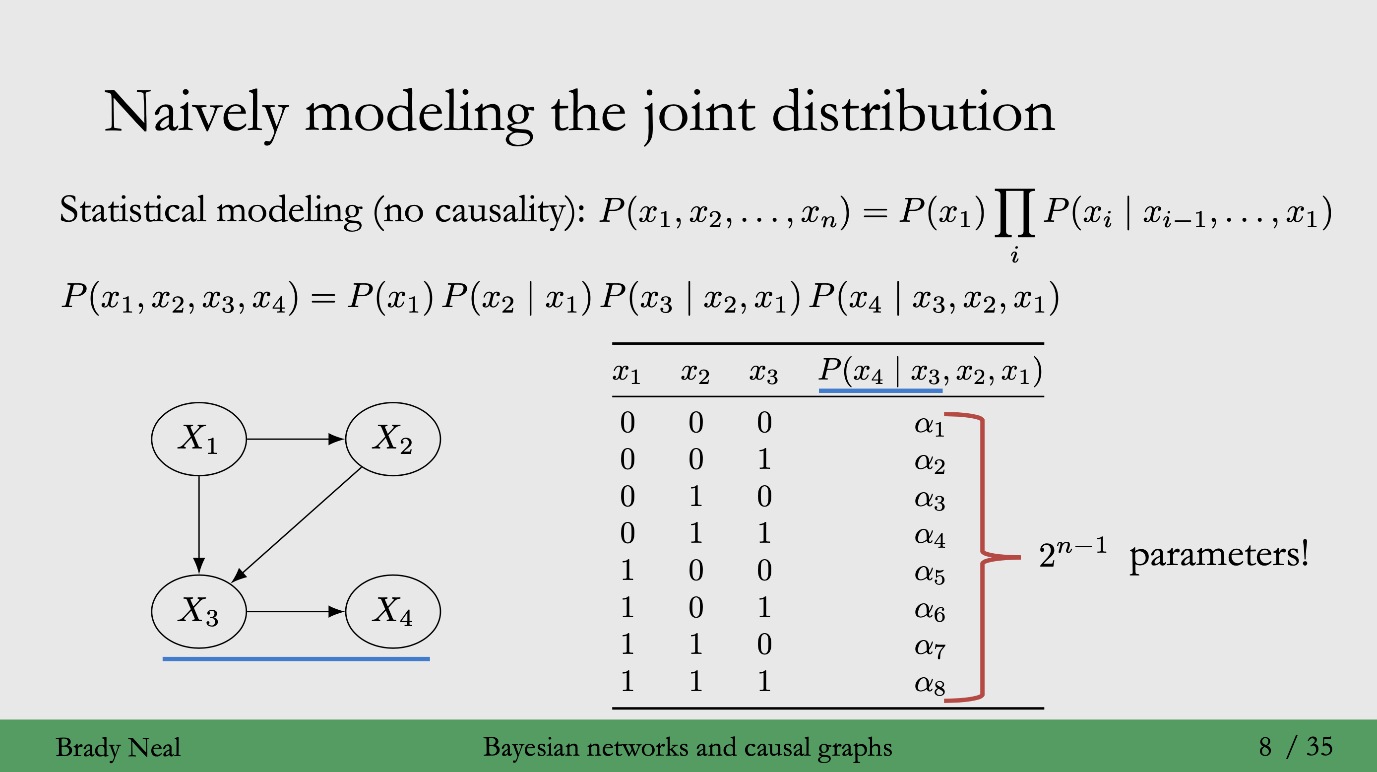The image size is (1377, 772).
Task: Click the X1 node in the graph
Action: coord(198,439)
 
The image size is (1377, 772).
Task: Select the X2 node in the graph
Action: coord(393,439)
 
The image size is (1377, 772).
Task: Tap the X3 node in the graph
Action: coord(198,611)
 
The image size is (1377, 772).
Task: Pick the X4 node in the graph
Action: coord(393,611)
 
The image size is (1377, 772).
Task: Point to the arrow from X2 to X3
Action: coord(297,524)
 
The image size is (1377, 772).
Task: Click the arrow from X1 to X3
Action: coord(199,524)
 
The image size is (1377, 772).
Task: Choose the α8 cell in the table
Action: coord(929,684)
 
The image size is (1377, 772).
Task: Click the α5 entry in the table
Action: coord(929,573)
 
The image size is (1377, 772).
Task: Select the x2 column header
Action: coord(695,372)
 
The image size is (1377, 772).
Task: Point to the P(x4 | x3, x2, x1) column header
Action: coord(930,371)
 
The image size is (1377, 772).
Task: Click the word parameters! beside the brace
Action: coord(1219,555)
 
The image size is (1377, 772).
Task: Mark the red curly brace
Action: coord(983,556)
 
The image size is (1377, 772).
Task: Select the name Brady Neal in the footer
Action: coord(118,747)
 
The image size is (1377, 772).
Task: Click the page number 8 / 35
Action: coord(1295,746)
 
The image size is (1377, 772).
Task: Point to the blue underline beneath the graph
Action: coord(296,659)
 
